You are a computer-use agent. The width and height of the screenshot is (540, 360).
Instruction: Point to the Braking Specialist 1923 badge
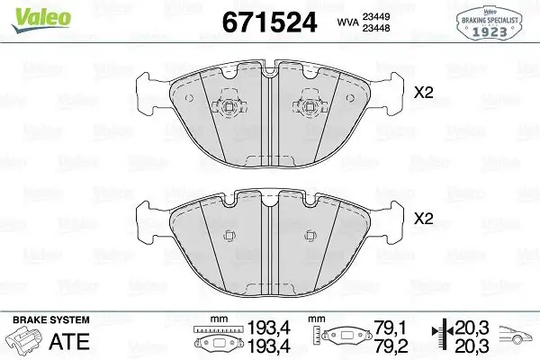pos(490,21)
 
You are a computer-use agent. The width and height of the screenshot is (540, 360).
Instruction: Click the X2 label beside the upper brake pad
pos(424,92)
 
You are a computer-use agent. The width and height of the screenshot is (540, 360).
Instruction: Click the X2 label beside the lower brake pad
pos(424,218)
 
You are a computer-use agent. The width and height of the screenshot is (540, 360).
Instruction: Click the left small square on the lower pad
pos(229,236)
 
